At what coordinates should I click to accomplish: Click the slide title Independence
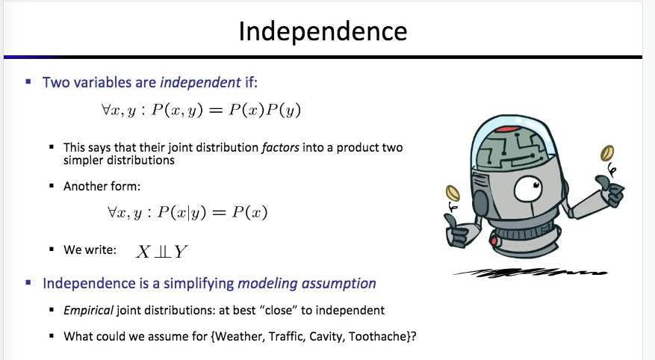click(x=323, y=31)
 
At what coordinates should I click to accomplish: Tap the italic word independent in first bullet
click(x=200, y=82)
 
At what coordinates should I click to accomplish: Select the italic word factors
click(x=280, y=147)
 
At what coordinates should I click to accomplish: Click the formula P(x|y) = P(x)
click(x=213, y=212)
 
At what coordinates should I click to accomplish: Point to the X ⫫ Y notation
click(x=161, y=252)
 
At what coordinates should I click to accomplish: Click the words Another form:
click(x=102, y=186)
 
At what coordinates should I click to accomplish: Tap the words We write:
click(x=90, y=249)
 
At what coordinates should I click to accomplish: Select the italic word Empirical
click(x=88, y=310)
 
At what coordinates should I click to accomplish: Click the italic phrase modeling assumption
click(x=307, y=284)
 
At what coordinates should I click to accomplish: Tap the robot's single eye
click(x=528, y=189)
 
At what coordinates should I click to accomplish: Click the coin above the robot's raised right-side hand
click(x=607, y=153)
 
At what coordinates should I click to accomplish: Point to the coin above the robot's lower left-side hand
click(x=453, y=193)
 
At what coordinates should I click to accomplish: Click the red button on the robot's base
click(x=494, y=241)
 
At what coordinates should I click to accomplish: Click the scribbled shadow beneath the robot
click(x=530, y=273)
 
